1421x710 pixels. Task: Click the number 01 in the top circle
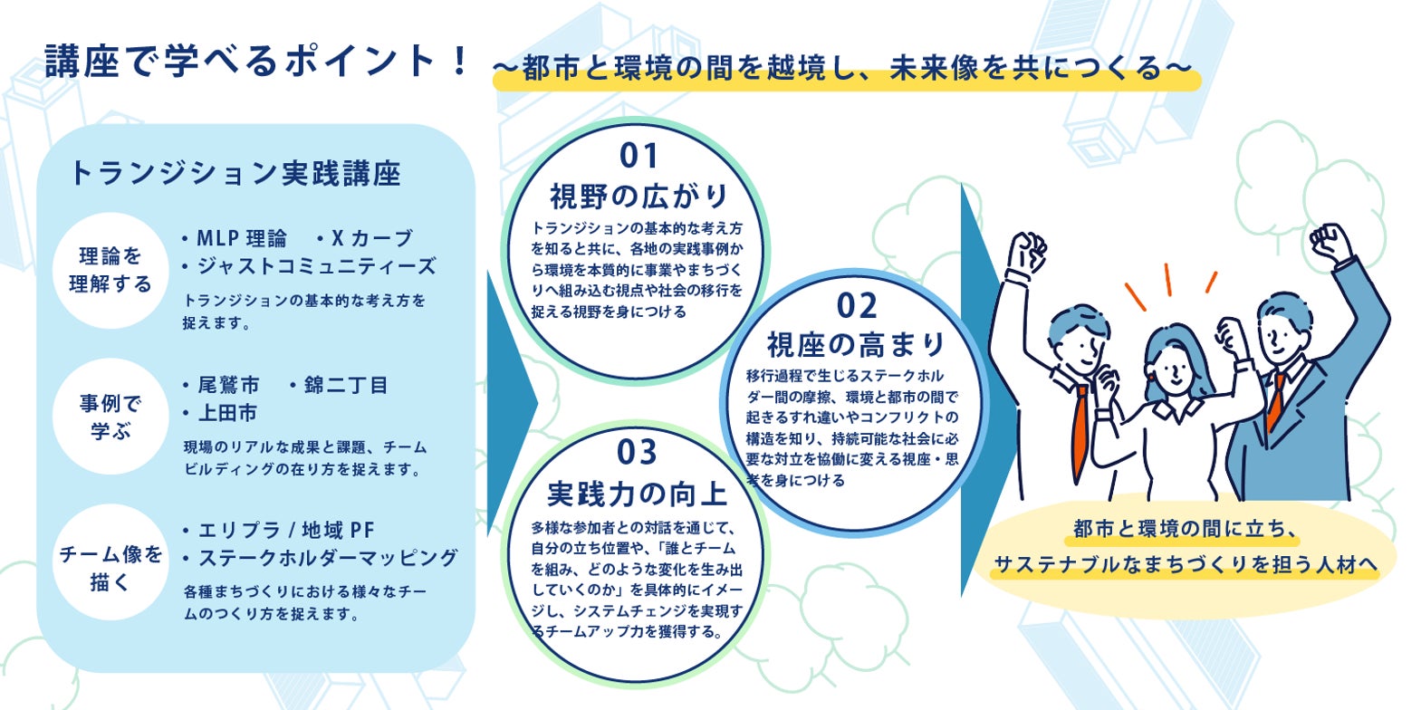tap(638, 156)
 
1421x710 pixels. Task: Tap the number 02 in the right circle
tap(857, 306)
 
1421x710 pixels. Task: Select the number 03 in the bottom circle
tap(637, 453)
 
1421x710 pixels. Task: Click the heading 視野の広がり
tap(638, 196)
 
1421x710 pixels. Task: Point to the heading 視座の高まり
tap(857, 344)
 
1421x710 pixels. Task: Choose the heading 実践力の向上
tap(637, 494)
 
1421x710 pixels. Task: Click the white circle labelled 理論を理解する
tap(110, 270)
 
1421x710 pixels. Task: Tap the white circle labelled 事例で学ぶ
tap(110, 417)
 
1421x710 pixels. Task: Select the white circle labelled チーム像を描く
tap(110, 562)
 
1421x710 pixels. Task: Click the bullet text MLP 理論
tap(241, 238)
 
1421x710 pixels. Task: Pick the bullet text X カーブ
tap(372, 238)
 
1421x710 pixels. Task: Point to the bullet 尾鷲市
tap(228, 385)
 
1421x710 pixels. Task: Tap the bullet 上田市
tap(227, 413)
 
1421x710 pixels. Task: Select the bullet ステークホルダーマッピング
tap(327, 558)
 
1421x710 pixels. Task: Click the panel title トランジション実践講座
tap(235, 174)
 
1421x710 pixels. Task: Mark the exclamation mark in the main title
tap(459, 61)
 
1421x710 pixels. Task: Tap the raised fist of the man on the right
tap(1330, 243)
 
